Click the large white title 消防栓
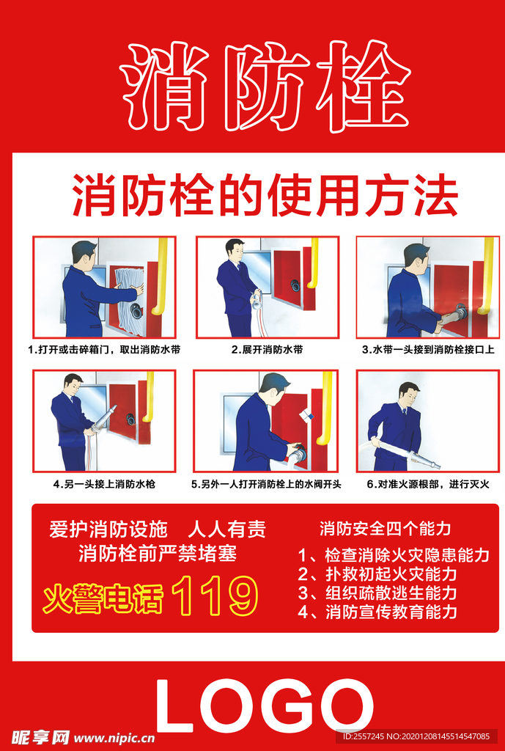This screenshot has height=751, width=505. pyautogui.click(x=265, y=86)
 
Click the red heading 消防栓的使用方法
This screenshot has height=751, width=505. pyautogui.click(x=265, y=196)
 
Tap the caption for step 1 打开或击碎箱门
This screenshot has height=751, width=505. pyautogui.click(x=103, y=350)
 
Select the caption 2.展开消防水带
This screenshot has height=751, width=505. pyautogui.click(x=267, y=350)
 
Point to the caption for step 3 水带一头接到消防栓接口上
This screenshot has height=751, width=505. pyautogui.click(x=427, y=350)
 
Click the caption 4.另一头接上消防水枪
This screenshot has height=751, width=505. pyautogui.click(x=104, y=484)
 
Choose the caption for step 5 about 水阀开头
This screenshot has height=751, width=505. pyautogui.click(x=267, y=484)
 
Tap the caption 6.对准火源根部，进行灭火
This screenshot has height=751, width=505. pyautogui.click(x=427, y=484)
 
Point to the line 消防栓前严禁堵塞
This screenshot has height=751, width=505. pyautogui.click(x=158, y=553)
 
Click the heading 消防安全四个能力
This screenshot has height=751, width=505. pyautogui.click(x=385, y=528)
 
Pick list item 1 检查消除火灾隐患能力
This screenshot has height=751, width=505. pyautogui.click(x=394, y=555)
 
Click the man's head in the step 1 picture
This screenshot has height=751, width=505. pyautogui.click(x=84, y=254)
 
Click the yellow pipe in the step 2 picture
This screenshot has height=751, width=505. pyautogui.click(x=313, y=264)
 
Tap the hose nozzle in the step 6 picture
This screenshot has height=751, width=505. pyautogui.click(x=424, y=461)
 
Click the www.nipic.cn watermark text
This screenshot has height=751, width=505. pyautogui.click(x=114, y=738)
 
